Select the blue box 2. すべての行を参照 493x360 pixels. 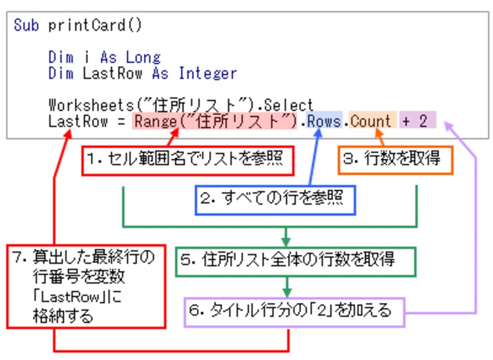tap(275, 198)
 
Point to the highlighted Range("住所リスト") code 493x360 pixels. tap(216, 121)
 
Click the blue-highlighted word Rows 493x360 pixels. tap(324, 121)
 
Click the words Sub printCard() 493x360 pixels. tap(78, 26)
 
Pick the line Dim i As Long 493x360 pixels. tap(104, 57)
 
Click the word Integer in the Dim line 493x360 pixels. tap(208, 73)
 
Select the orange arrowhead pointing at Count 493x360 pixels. tap(377, 135)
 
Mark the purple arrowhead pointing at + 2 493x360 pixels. tap(449, 126)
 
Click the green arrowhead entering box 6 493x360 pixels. tap(287, 293)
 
